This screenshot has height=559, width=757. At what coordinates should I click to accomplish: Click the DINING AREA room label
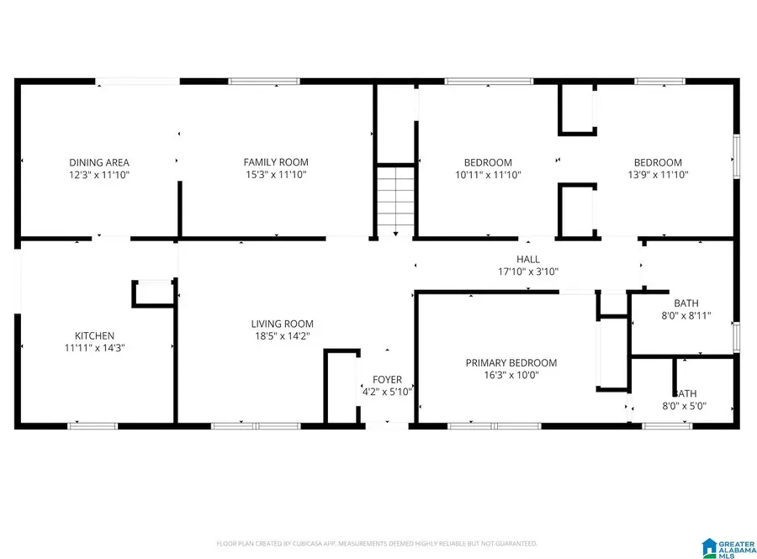99,162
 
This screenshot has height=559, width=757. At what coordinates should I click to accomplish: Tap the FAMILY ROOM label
276,162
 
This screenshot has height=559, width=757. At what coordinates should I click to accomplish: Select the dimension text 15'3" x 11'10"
276,175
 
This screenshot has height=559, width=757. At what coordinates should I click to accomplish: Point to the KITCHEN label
94,335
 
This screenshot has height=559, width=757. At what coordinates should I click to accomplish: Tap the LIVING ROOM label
283,324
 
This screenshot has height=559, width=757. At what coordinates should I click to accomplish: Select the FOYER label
388,380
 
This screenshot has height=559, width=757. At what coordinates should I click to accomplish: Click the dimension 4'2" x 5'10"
388,392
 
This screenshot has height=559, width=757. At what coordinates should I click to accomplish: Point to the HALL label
528,260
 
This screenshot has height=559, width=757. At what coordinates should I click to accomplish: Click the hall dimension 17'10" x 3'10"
528,272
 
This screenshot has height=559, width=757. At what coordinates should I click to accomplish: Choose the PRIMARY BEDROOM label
511,363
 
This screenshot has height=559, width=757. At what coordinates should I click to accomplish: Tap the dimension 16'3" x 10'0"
511,375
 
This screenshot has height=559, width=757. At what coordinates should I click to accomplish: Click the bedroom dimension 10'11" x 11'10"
488,175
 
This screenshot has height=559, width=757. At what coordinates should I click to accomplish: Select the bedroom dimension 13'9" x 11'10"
658,175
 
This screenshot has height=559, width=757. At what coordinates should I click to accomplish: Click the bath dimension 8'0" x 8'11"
686,316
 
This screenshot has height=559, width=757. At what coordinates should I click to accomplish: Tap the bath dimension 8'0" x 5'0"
686,405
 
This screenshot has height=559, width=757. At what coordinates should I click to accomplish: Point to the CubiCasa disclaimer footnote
377,544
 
